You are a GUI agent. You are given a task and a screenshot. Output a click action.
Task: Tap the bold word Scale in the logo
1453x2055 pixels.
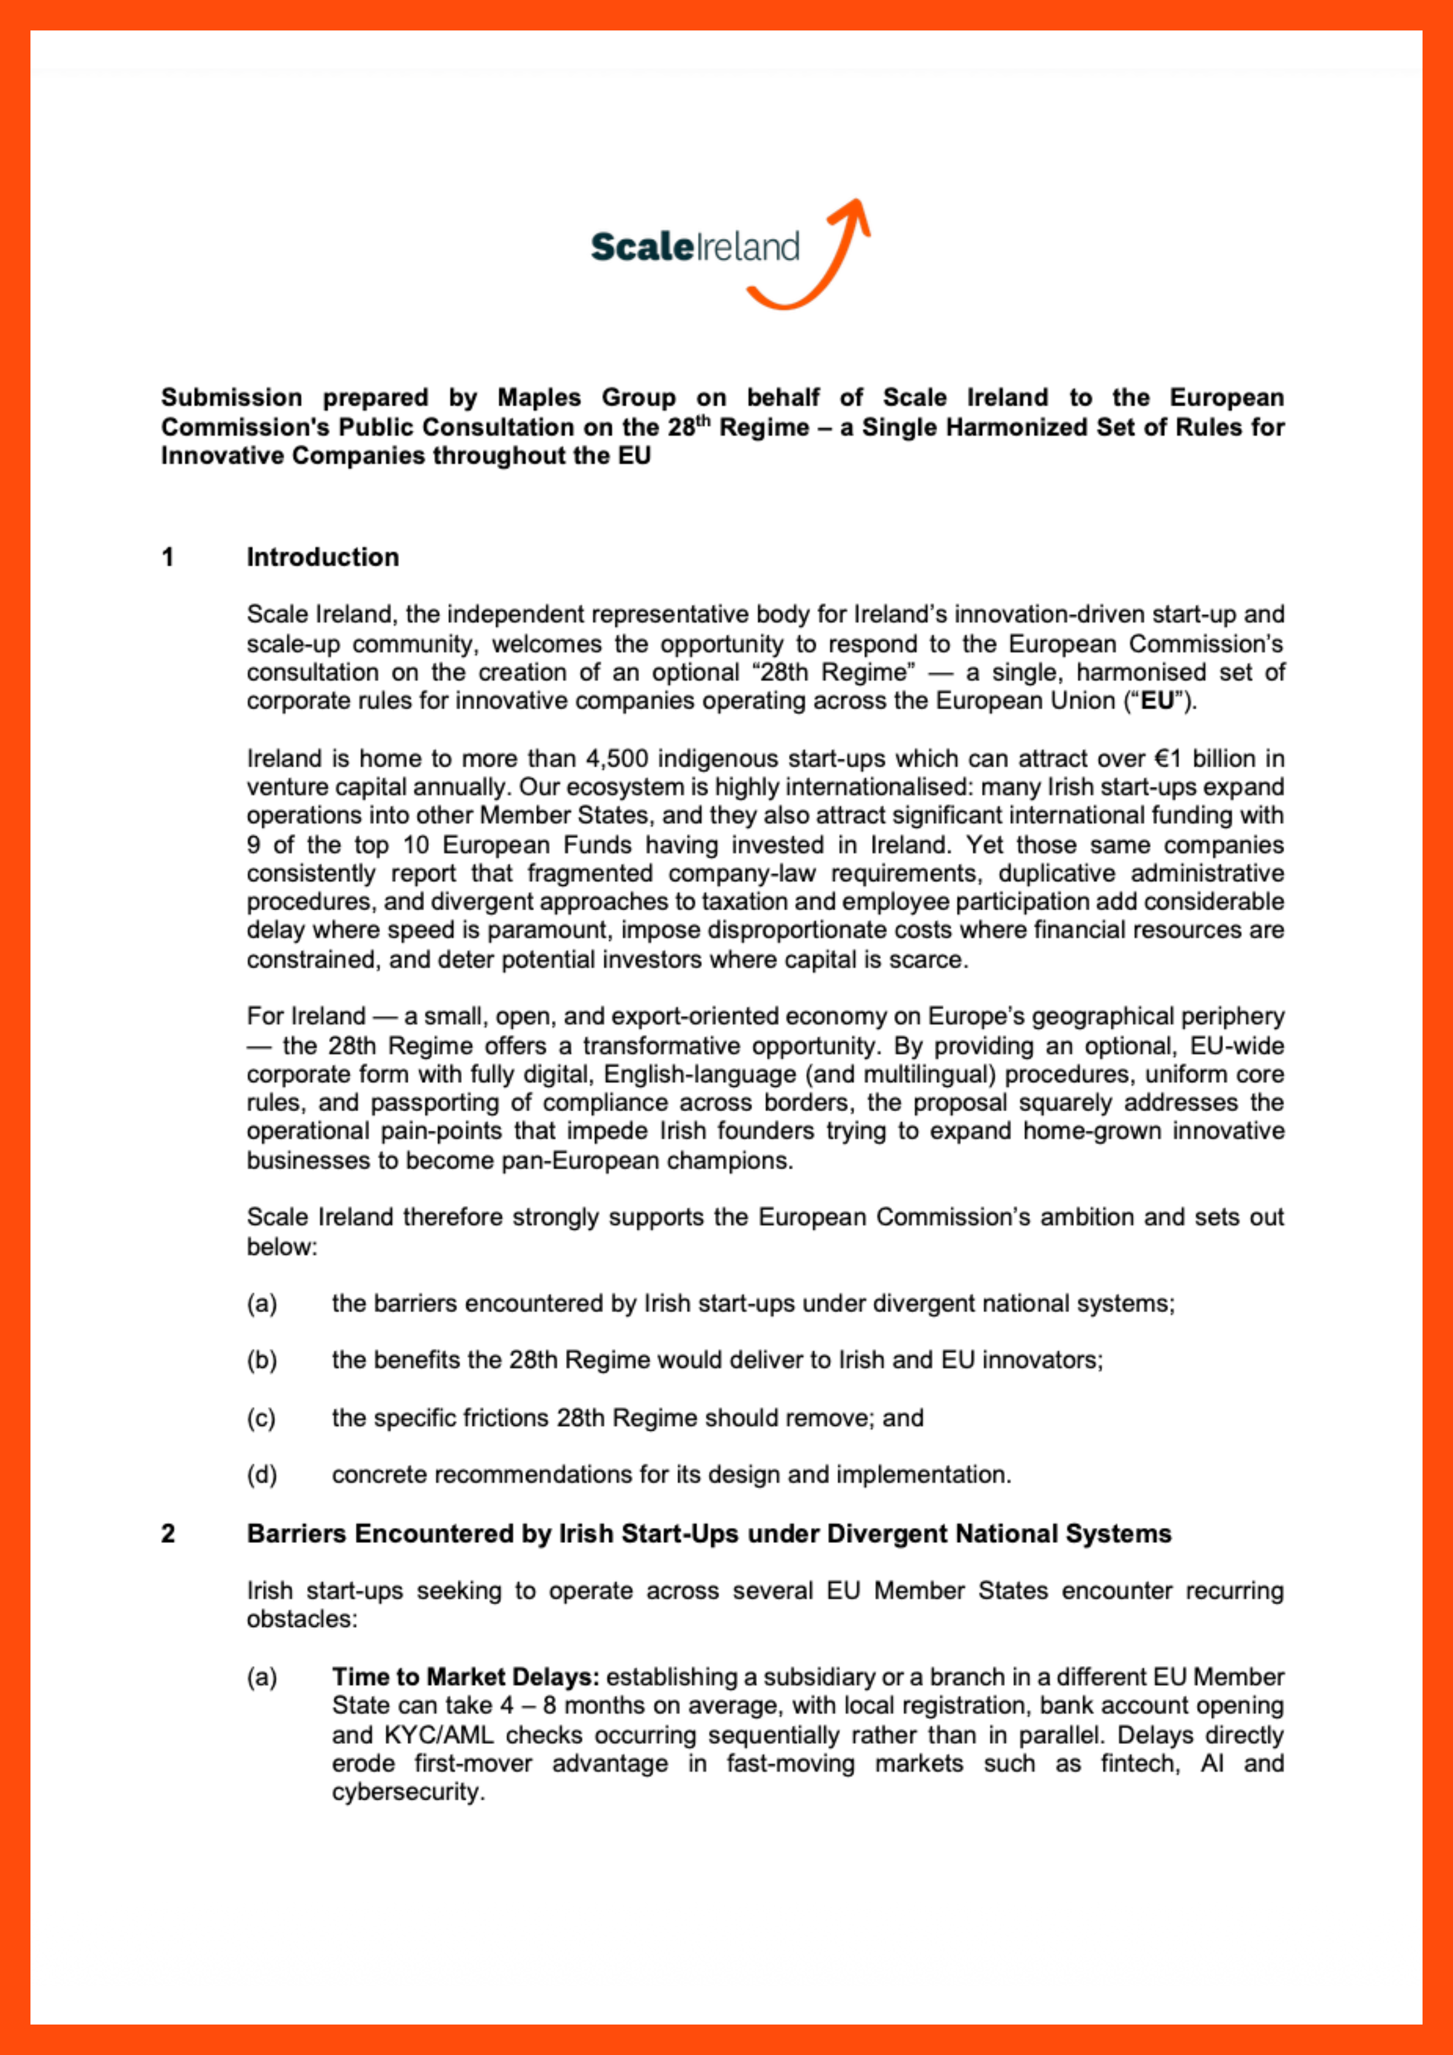point(642,247)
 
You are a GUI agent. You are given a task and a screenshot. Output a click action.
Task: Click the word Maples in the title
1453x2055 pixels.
point(539,397)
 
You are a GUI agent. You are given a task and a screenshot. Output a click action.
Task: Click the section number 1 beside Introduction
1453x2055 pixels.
point(168,558)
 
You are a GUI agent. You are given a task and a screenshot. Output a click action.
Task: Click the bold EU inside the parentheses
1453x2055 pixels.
point(1158,701)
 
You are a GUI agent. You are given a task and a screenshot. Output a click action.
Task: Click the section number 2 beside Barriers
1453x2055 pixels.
point(168,1534)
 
